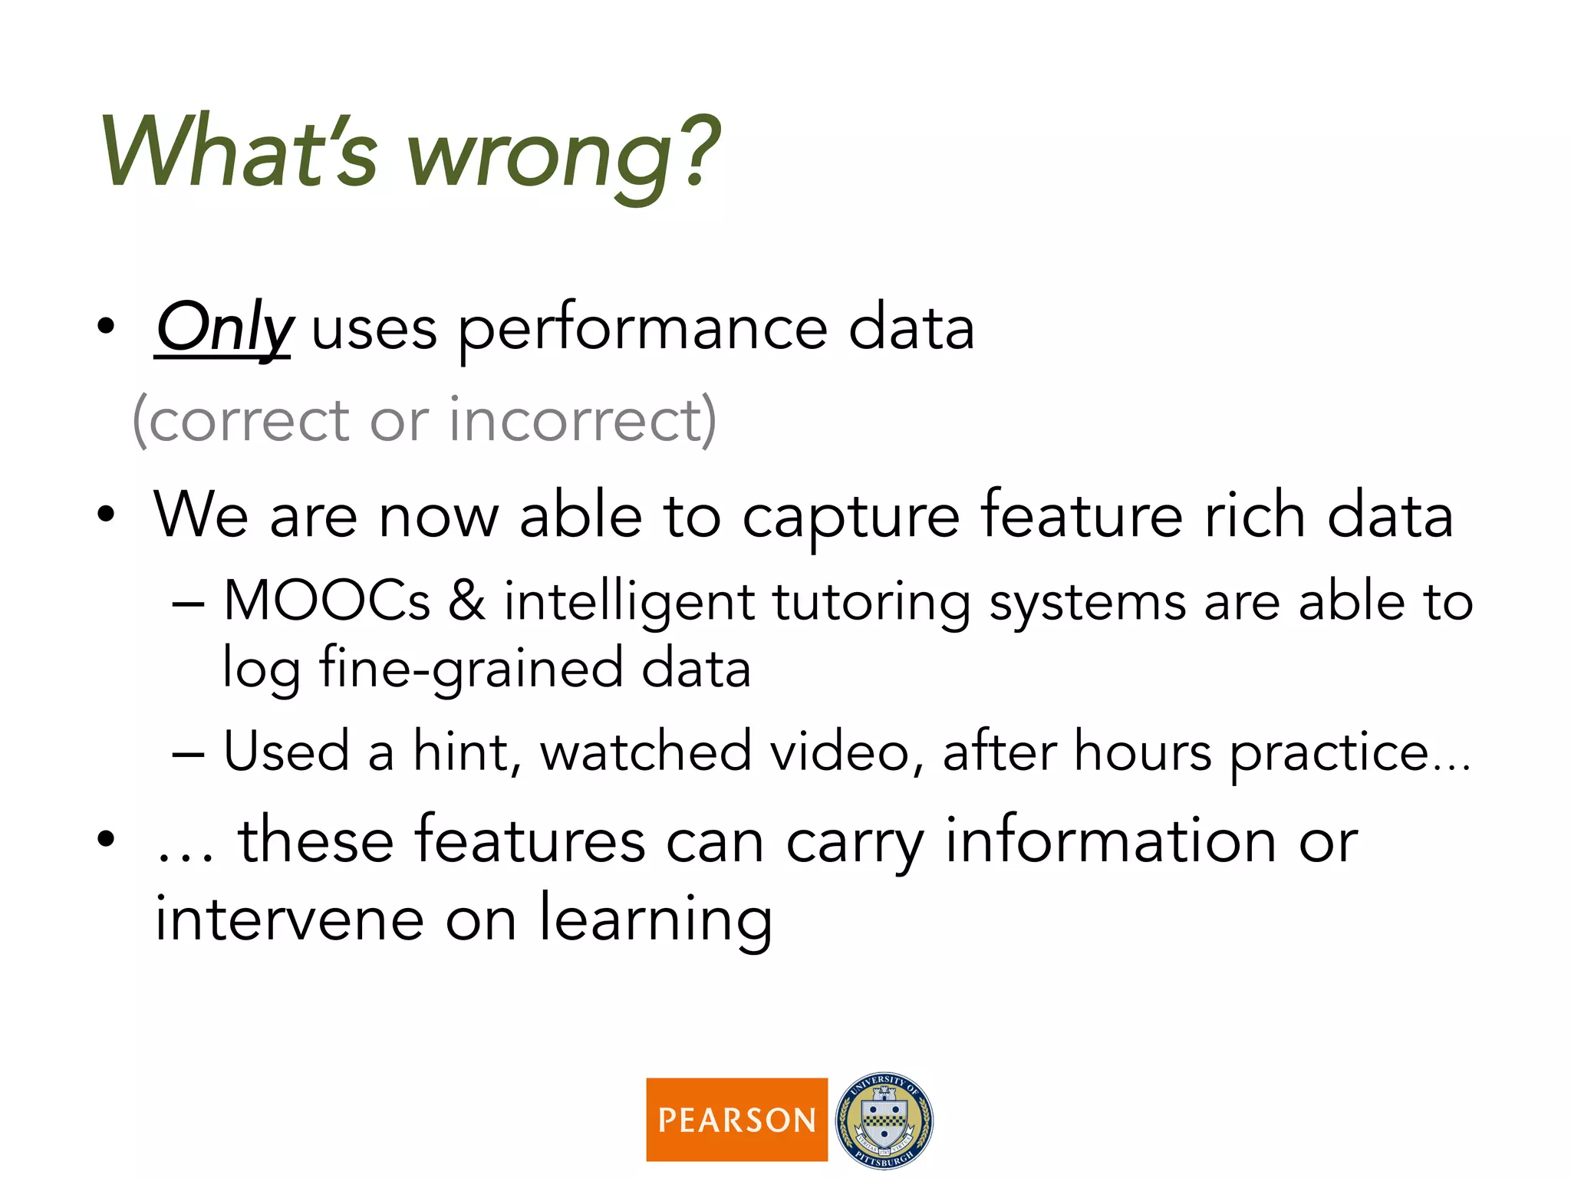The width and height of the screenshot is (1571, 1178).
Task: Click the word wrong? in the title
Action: pyautogui.click(x=564, y=153)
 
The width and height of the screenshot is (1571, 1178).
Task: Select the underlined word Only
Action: pyautogui.click(x=223, y=328)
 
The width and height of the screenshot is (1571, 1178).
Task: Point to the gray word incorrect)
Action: pyautogui.click(x=583, y=421)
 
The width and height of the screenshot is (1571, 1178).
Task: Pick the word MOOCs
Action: pyautogui.click(x=327, y=601)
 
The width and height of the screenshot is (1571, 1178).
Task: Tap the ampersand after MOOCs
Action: pyautogui.click(x=466, y=601)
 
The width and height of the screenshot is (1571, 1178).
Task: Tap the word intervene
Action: pyautogui.click(x=289, y=920)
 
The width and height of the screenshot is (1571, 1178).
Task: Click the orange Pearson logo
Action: pyautogui.click(x=736, y=1120)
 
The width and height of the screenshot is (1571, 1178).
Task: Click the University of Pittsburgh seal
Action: pyautogui.click(x=884, y=1120)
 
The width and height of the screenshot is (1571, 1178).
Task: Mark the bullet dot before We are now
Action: pyautogui.click(x=106, y=515)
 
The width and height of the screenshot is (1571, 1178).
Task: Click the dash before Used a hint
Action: pyautogui.click(x=189, y=754)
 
